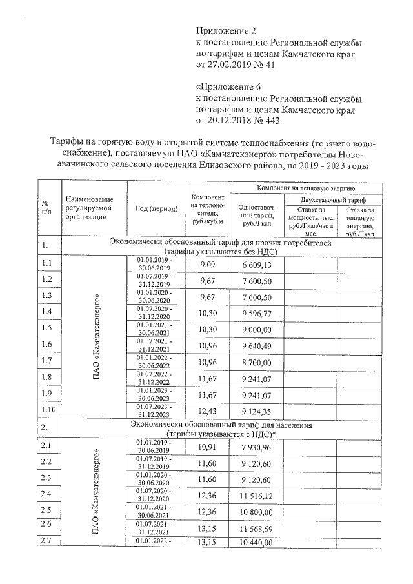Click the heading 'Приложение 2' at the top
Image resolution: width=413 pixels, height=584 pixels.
click(x=226, y=31)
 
